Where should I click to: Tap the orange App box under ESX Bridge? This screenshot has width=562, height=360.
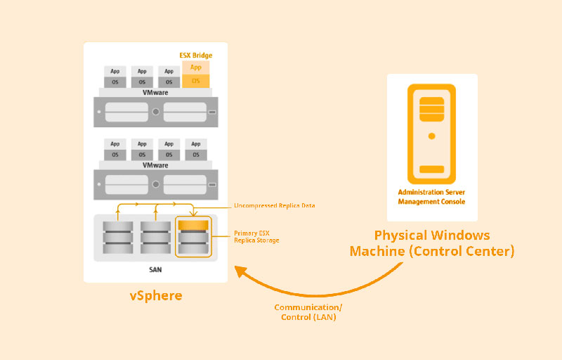click(196, 67)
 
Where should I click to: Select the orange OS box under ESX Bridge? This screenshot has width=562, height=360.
click(196, 81)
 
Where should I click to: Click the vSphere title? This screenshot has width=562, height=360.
click(156, 296)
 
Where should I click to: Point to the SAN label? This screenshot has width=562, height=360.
click(156, 270)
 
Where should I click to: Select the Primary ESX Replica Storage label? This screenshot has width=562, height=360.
click(256, 236)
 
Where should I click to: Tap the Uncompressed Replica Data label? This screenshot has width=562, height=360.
click(274, 206)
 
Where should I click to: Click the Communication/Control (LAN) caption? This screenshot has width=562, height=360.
click(305, 312)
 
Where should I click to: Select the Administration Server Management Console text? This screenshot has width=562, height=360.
click(431, 196)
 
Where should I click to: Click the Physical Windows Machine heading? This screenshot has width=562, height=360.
click(431, 243)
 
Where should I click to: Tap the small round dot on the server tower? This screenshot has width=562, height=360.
click(431, 136)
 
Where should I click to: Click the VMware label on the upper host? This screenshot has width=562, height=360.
click(155, 92)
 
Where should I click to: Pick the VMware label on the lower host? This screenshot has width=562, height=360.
click(155, 165)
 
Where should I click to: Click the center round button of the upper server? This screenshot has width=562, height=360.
click(155, 112)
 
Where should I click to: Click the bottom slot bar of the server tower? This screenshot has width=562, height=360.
click(431, 169)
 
